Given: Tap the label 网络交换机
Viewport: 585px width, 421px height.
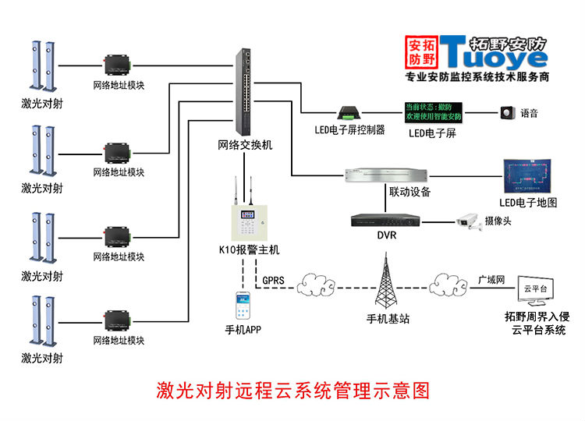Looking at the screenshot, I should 245,145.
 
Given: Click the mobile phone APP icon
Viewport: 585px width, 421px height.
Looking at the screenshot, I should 243,305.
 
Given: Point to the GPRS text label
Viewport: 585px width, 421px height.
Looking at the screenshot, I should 274,279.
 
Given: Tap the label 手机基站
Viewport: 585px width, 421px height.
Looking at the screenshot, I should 388,319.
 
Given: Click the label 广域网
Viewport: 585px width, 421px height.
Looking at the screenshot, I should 491,278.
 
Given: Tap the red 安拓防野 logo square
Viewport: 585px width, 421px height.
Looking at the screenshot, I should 422,51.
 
